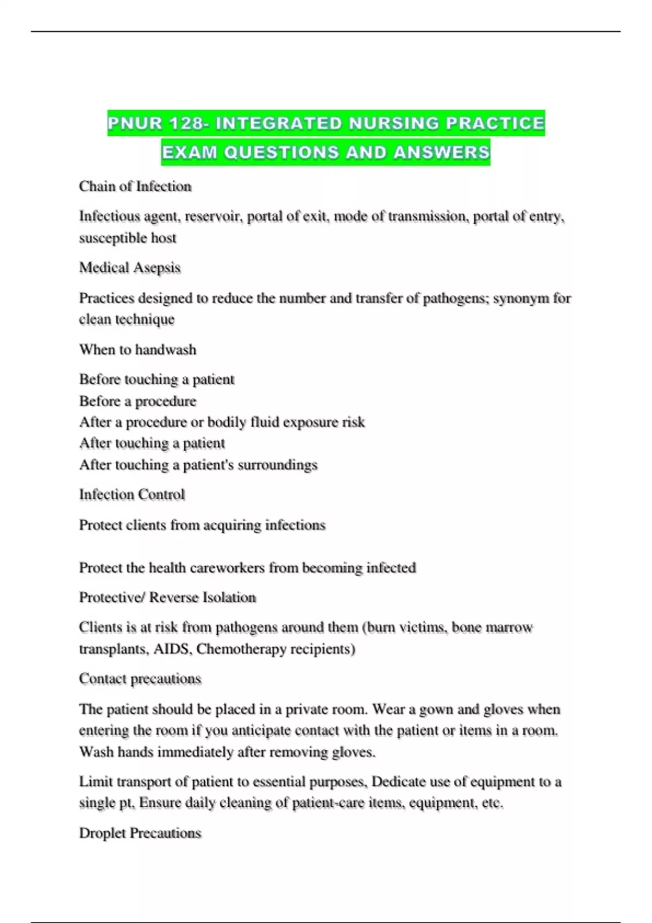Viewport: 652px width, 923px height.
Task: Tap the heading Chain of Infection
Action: click(135, 186)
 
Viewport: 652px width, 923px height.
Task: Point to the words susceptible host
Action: click(128, 238)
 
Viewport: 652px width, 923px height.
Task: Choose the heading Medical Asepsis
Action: click(130, 268)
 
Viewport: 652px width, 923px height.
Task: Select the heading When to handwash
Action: click(137, 349)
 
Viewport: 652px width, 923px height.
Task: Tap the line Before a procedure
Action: click(137, 401)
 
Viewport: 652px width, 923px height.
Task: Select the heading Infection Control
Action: click(132, 495)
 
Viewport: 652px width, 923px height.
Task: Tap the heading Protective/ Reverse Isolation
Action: click(167, 598)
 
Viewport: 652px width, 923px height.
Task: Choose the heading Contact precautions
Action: click(140, 679)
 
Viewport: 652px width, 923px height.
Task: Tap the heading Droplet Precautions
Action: click(140, 833)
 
